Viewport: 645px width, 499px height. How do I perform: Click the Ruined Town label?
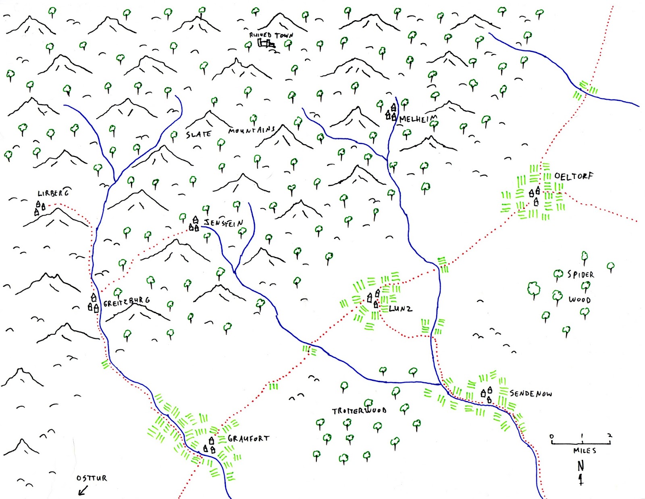(271, 35)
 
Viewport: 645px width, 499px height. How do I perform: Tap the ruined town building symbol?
(266, 43)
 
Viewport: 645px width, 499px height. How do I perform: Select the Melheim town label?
(418, 119)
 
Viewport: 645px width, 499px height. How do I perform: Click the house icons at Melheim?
(391, 113)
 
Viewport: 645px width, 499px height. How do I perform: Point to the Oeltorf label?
(574, 176)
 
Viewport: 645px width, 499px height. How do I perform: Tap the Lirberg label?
(53, 193)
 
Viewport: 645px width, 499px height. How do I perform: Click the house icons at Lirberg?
(40, 208)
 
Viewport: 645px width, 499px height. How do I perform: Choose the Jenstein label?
(223, 222)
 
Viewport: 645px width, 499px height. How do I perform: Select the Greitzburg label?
(127, 302)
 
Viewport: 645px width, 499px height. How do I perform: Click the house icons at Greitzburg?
(94, 303)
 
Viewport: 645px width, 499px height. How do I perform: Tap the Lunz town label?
(400, 309)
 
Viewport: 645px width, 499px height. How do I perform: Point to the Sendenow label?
(531, 393)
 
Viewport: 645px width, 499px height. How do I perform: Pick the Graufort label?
(248, 438)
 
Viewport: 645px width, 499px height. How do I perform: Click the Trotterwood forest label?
(359, 411)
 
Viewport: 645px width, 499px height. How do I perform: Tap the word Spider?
(580, 275)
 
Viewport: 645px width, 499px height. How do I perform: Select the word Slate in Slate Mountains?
(198, 134)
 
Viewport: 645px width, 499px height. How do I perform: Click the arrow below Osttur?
(83, 491)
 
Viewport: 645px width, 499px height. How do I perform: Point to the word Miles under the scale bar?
(585, 451)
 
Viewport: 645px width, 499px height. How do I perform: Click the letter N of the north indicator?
(580, 466)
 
